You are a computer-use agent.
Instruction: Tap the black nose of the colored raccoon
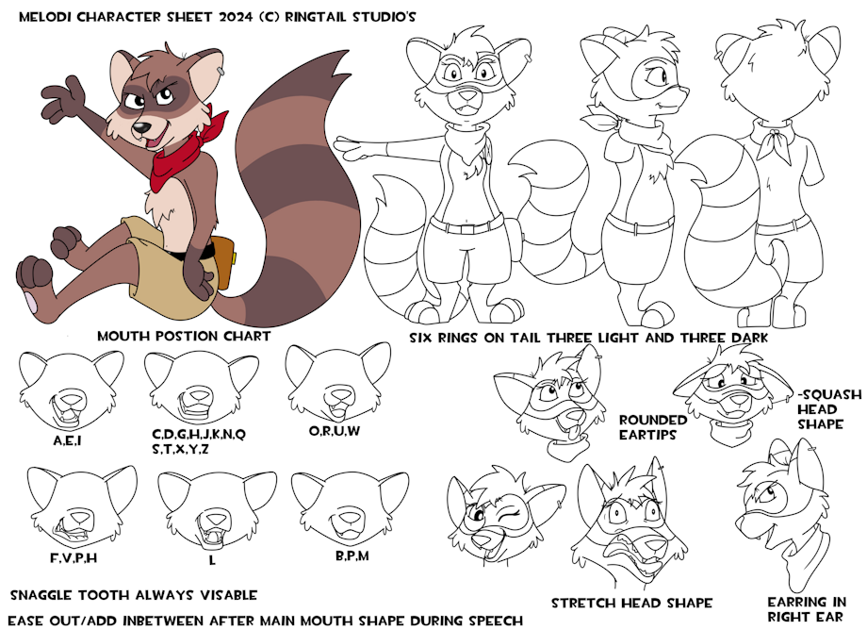pyautogui.click(x=141, y=127)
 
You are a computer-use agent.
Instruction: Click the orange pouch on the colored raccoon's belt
pyautogui.click(x=222, y=261)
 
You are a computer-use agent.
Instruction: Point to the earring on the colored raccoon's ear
pyautogui.click(x=221, y=72)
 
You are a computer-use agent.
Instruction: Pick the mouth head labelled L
pyautogui.click(x=217, y=509)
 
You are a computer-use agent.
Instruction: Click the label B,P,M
pyautogui.click(x=352, y=555)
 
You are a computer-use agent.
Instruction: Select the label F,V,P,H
pyautogui.click(x=74, y=558)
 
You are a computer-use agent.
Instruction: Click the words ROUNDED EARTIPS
pyautogui.click(x=652, y=427)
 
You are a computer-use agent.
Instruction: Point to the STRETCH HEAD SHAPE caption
pyautogui.click(x=631, y=603)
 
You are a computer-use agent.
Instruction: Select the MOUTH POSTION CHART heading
pyautogui.click(x=184, y=337)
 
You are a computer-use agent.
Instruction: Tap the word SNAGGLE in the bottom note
pyautogui.click(x=41, y=596)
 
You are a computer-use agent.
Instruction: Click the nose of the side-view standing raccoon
pyautogui.click(x=686, y=90)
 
